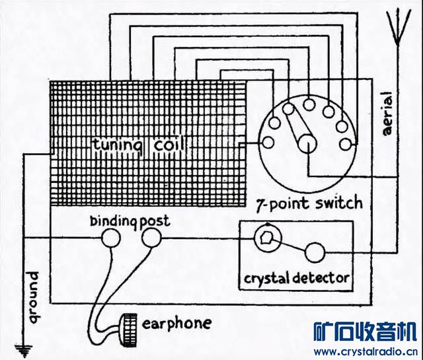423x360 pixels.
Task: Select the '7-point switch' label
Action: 309,202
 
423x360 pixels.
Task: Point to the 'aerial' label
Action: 388,113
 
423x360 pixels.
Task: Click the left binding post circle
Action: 112,238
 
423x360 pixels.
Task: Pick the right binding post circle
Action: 151,238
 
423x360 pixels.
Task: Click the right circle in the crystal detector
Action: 315,252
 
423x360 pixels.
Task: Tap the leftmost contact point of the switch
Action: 267,142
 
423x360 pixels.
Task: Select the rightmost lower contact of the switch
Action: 345,143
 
